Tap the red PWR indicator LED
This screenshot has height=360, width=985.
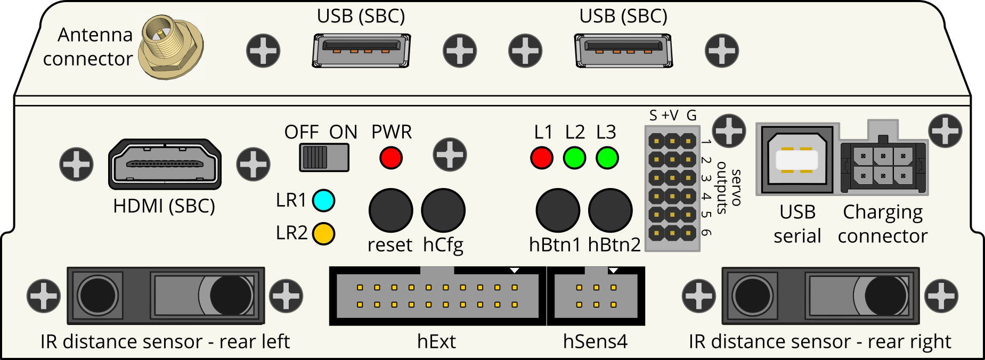[391, 158]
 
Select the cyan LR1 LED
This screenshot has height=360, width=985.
[323, 200]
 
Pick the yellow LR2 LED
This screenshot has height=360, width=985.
[323, 233]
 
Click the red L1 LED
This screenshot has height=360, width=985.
[542, 158]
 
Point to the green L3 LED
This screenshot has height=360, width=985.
[607, 158]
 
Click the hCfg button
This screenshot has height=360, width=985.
[443, 210]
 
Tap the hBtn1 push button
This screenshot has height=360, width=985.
[558, 210]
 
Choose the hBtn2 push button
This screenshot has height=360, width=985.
[610, 210]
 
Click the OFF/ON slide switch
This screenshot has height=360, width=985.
[324, 158]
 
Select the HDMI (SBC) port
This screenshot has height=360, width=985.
[165, 164]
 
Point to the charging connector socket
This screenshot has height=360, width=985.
[883, 165]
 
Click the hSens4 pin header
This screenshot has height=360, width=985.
[596, 296]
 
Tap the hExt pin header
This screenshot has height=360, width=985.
[437, 296]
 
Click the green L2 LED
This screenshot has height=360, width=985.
[574, 158]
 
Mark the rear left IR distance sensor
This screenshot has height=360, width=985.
[166, 296]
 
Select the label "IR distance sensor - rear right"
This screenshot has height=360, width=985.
[819, 341]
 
